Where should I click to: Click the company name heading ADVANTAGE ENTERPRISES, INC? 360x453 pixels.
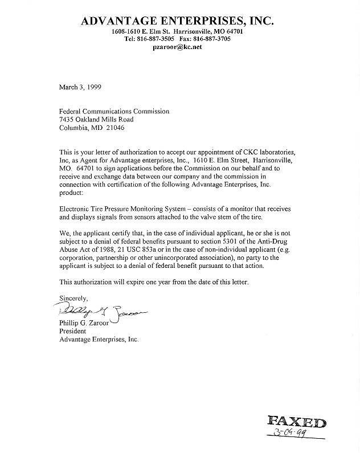[177, 21]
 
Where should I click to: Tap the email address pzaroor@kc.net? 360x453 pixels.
[177, 47]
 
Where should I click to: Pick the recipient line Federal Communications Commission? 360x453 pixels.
[114, 112]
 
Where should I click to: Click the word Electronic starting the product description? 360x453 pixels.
[75, 210]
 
